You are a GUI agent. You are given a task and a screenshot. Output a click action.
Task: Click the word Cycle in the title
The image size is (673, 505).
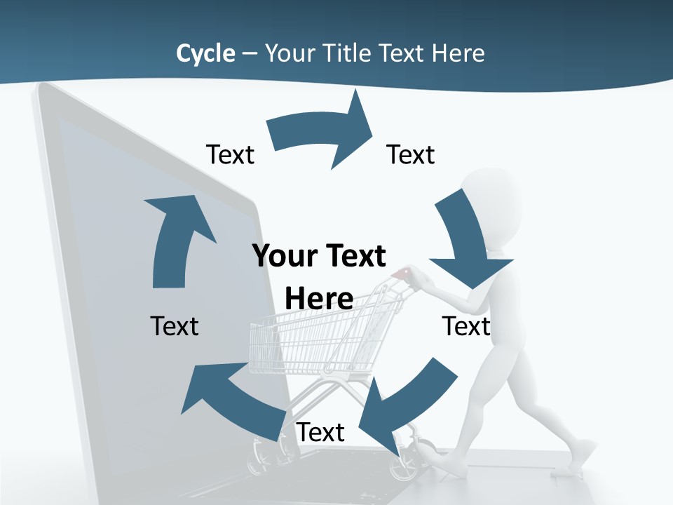point(205,53)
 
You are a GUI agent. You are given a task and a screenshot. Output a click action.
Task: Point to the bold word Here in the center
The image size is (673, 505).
point(319,299)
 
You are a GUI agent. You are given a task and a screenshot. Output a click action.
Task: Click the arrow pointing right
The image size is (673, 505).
point(322,133)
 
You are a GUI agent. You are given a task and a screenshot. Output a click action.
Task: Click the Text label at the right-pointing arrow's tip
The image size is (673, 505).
point(411,154)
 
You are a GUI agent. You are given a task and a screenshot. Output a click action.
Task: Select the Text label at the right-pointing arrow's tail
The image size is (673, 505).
point(230,154)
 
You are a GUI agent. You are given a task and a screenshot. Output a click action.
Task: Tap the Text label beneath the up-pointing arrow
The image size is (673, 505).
point(175,326)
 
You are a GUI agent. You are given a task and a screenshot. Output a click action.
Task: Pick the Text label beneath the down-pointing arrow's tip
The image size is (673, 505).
point(466,326)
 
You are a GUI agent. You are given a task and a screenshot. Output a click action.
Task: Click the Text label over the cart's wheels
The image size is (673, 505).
point(320,433)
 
